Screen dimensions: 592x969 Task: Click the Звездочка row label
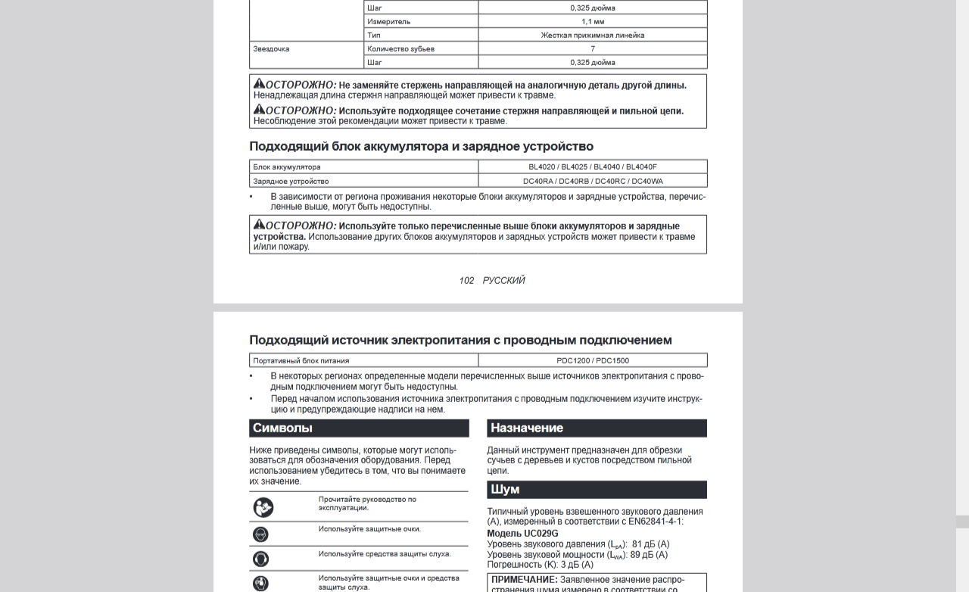[271, 48]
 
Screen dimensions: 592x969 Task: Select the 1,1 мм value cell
[592, 21]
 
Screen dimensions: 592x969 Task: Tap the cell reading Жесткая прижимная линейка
[592, 35]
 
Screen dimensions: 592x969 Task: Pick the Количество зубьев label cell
[400, 48]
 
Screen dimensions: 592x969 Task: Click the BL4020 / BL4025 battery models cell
[592, 167]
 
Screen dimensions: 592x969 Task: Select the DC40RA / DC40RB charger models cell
[592, 181]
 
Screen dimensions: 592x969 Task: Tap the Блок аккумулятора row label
[287, 167]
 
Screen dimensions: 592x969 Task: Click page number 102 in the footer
[466, 280]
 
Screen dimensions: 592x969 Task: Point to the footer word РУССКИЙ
[503, 280]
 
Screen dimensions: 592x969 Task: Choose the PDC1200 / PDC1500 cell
[592, 360]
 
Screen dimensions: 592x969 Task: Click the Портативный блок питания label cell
[301, 360]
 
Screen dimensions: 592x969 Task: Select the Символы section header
[282, 428]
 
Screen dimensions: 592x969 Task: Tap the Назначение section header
[527, 428]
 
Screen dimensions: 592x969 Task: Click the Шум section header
[505, 490]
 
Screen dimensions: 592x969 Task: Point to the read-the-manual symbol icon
[263, 507]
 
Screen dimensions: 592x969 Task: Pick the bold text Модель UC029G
[522, 533]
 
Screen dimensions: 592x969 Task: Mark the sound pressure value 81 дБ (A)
[650, 544]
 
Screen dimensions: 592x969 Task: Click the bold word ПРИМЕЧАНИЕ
[524, 580]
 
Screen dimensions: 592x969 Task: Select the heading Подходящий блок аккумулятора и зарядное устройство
[421, 146]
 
